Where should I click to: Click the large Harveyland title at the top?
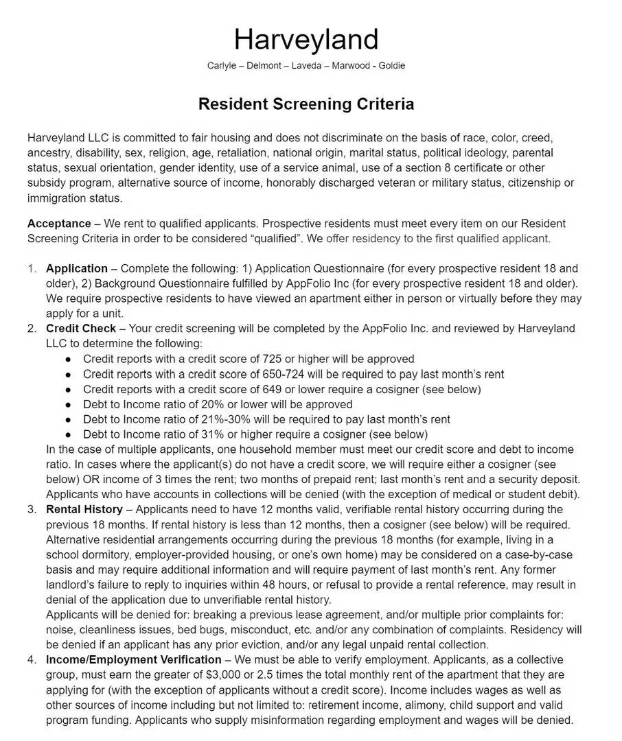tap(306, 39)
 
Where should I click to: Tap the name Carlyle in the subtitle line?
tap(223, 66)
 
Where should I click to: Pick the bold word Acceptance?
tap(59, 224)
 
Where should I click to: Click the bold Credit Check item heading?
tap(81, 329)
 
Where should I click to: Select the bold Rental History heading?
tap(84, 510)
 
